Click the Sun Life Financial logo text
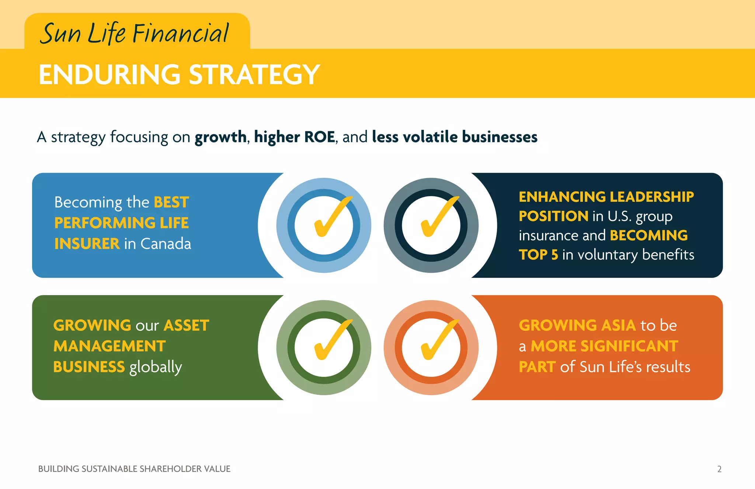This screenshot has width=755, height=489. [135, 33]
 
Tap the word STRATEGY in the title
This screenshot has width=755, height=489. [254, 75]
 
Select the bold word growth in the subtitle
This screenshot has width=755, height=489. [220, 137]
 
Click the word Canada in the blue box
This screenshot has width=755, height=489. [166, 244]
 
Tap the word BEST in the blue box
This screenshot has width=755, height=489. [171, 202]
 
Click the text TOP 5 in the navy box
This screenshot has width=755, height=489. [538, 255]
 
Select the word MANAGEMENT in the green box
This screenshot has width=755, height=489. [109, 346]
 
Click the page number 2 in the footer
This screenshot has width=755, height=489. [719, 469]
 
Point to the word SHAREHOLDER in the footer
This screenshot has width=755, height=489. [171, 469]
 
